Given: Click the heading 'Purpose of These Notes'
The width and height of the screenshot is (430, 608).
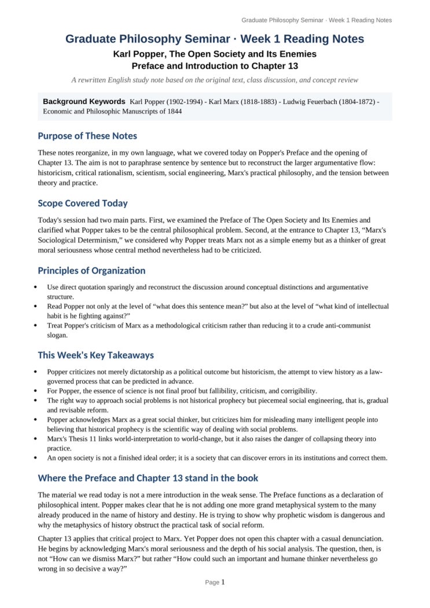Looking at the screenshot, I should click(87, 136).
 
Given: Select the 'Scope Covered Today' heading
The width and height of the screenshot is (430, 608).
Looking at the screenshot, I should click(83, 203).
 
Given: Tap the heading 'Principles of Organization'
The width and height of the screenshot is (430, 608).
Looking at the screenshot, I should click(91, 270).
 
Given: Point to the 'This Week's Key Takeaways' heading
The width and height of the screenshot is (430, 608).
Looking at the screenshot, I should click(95, 355).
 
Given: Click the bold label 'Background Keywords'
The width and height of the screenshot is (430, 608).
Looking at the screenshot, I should click(84, 101).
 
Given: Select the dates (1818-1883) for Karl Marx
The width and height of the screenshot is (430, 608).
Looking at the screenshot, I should click(256, 101).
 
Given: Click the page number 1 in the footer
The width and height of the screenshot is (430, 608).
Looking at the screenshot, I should click(223, 582).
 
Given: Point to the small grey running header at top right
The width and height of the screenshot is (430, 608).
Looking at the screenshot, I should click(317, 20).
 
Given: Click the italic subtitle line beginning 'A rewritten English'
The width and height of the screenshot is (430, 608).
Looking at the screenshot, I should click(215, 80).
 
